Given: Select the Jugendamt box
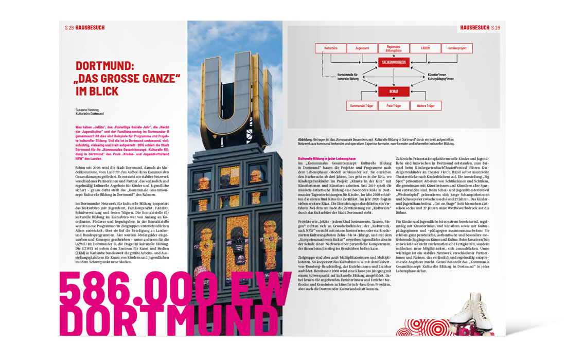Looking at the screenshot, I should click(x=362, y=48).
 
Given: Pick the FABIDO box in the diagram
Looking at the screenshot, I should click(x=425, y=48).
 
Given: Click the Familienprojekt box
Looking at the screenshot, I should click(x=457, y=48).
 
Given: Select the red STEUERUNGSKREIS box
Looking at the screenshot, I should click(x=394, y=62).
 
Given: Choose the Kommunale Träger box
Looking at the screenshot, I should click(x=362, y=106).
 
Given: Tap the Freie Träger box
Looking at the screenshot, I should click(x=394, y=106).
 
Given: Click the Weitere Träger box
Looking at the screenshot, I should click(x=426, y=106).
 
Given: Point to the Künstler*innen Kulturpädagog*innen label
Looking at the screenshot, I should click(x=440, y=78).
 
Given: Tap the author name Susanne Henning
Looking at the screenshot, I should click(x=87, y=110).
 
